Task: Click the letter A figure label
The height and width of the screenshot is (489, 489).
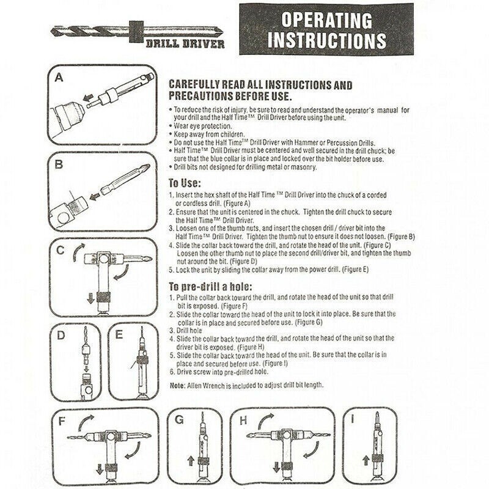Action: [x=59, y=78]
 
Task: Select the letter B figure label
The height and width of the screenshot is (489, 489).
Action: [x=59, y=164]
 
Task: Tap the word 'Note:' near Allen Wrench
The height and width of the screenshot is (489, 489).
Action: [x=178, y=386]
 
